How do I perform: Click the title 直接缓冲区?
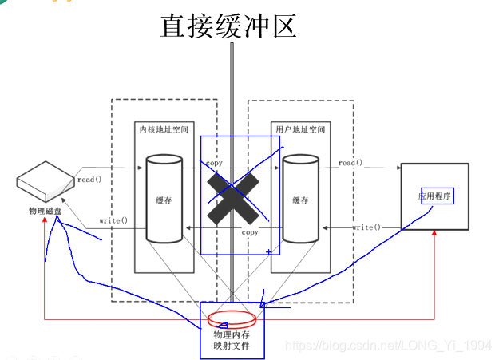pos(228,26)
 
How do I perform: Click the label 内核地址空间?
pos(163,129)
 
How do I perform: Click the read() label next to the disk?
pos(90,180)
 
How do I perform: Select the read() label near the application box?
pos(350,163)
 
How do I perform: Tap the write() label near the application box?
pos(366,227)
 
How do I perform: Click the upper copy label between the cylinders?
pos(214,163)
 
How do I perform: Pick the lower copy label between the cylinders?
pos(250,232)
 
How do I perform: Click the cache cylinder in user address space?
pos(301,199)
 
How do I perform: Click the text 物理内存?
pos(232,335)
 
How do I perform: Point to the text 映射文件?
pos(232,348)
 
